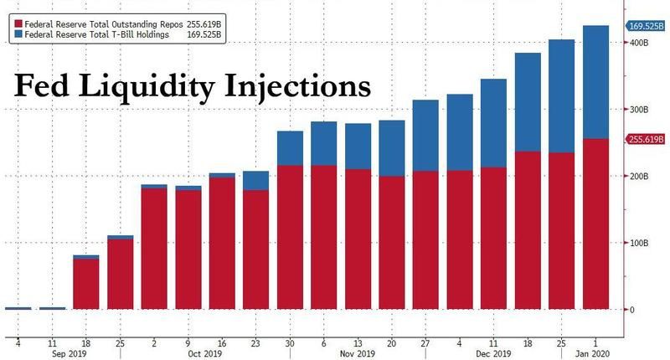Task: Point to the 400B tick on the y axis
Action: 642,42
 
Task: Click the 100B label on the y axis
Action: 642,243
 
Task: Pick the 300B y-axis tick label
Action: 642,109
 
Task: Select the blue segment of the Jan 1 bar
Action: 595,81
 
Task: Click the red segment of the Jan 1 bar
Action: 595,224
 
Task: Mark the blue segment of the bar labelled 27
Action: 425,135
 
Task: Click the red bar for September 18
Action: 86,284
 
